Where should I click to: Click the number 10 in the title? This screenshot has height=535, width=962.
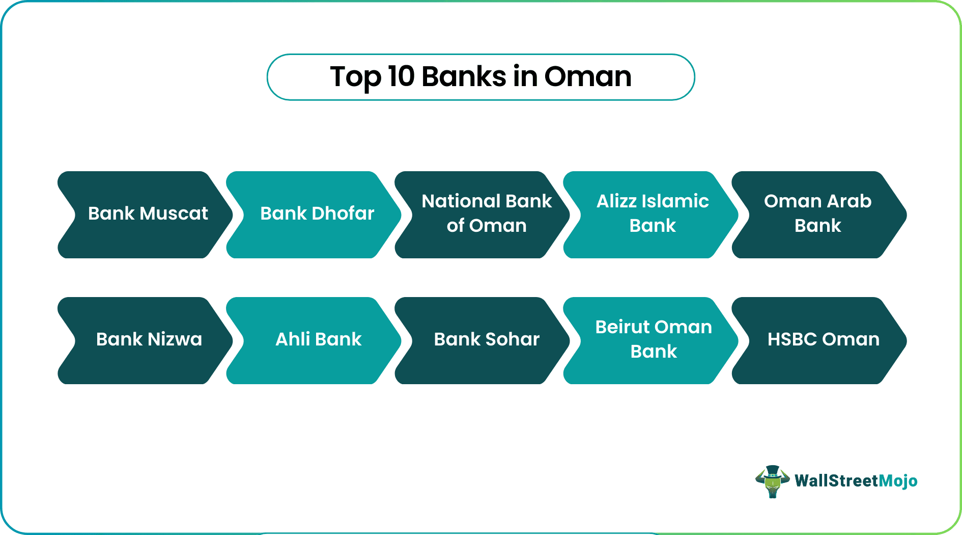(x=401, y=77)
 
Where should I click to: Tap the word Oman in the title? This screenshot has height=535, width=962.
(x=588, y=77)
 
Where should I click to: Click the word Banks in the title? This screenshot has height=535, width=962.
(x=464, y=77)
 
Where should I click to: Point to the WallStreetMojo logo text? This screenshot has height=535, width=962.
(x=856, y=481)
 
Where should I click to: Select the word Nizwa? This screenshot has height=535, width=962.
(x=175, y=339)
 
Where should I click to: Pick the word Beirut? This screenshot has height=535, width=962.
(x=624, y=327)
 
